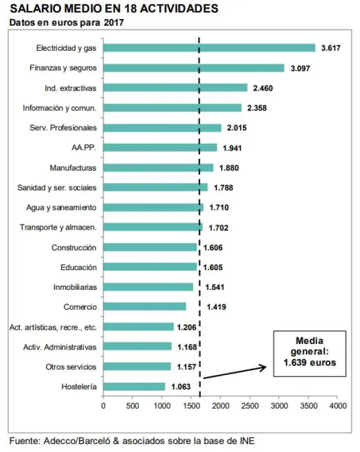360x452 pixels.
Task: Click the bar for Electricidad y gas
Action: tap(209, 48)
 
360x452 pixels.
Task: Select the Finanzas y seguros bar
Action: tap(194, 68)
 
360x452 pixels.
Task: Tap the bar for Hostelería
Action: tap(134, 387)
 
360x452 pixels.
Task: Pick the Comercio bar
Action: tap(145, 307)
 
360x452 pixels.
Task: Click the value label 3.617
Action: tap(330, 48)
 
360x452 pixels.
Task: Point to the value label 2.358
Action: tap(256, 108)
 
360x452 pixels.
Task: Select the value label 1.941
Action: tap(232, 147)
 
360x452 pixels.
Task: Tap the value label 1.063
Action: tap(180, 387)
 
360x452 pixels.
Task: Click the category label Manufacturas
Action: tap(73, 168)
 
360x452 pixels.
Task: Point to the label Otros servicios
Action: tap(71, 367)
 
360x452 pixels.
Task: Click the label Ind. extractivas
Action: tap(70, 88)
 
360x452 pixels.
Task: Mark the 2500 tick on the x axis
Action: tap(250, 405)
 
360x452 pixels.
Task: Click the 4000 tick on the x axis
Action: tap(337, 405)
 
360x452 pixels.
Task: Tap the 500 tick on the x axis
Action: tap(133, 405)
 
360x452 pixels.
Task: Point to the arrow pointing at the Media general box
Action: tap(234, 373)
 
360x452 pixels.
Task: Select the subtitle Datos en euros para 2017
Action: tap(66, 23)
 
